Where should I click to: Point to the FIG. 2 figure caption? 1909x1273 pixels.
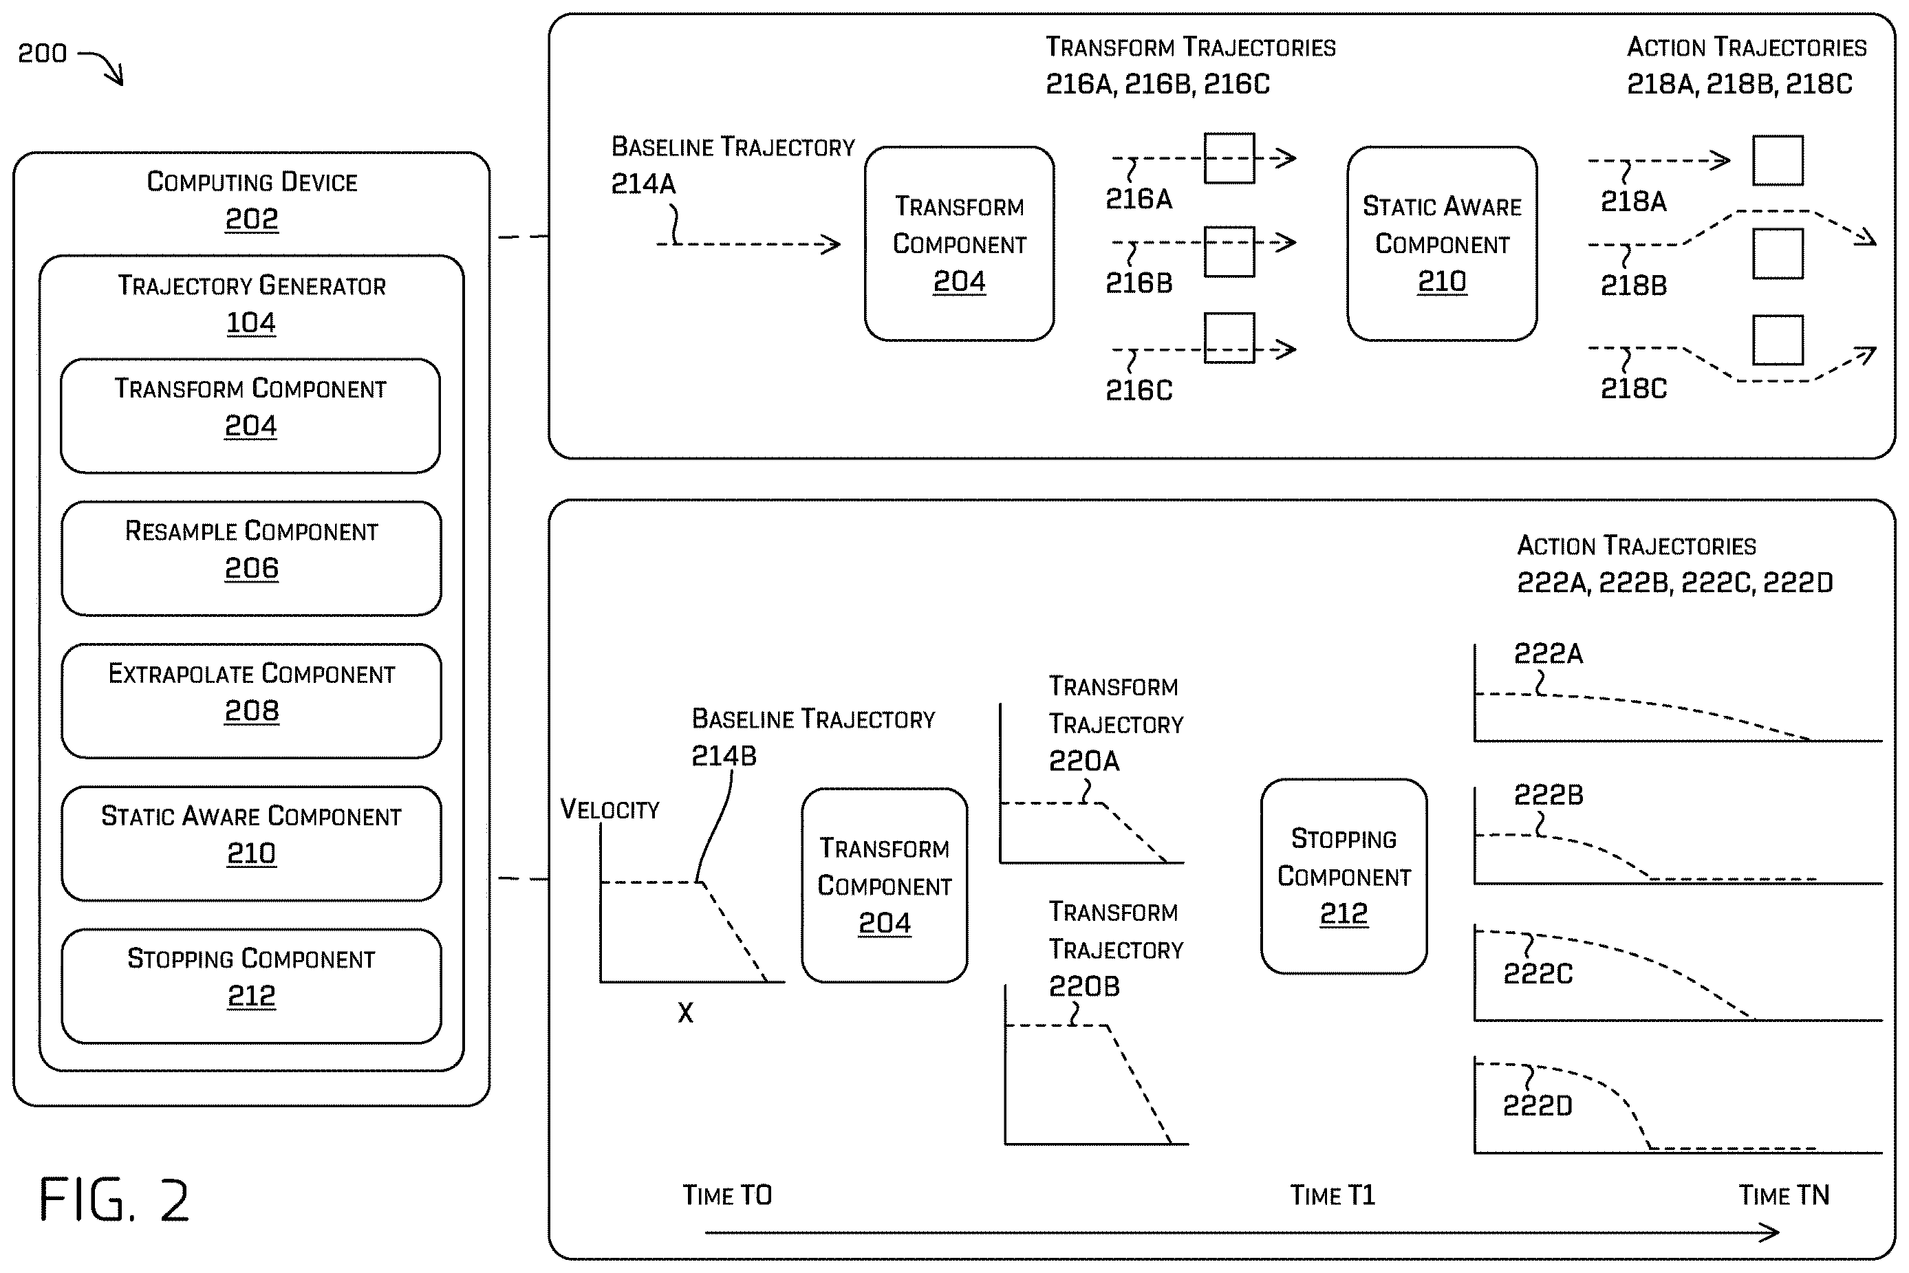click(x=114, y=1200)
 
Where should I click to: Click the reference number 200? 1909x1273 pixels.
click(x=42, y=54)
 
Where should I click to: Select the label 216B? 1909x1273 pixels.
click(x=1139, y=283)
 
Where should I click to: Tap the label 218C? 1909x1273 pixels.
click(x=1633, y=389)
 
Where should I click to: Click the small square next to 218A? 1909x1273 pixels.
click(x=1778, y=161)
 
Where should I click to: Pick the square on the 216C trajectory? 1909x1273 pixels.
click(x=1229, y=338)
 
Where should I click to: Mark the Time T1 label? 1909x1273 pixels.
click(x=1333, y=1195)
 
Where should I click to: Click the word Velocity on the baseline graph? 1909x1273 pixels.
click(x=610, y=809)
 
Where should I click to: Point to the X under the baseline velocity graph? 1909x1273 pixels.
click(x=685, y=1012)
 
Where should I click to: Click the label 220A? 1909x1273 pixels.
click(x=1084, y=761)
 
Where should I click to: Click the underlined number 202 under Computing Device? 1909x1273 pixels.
click(x=251, y=219)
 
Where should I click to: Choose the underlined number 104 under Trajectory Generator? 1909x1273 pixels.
click(x=251, y=323)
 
